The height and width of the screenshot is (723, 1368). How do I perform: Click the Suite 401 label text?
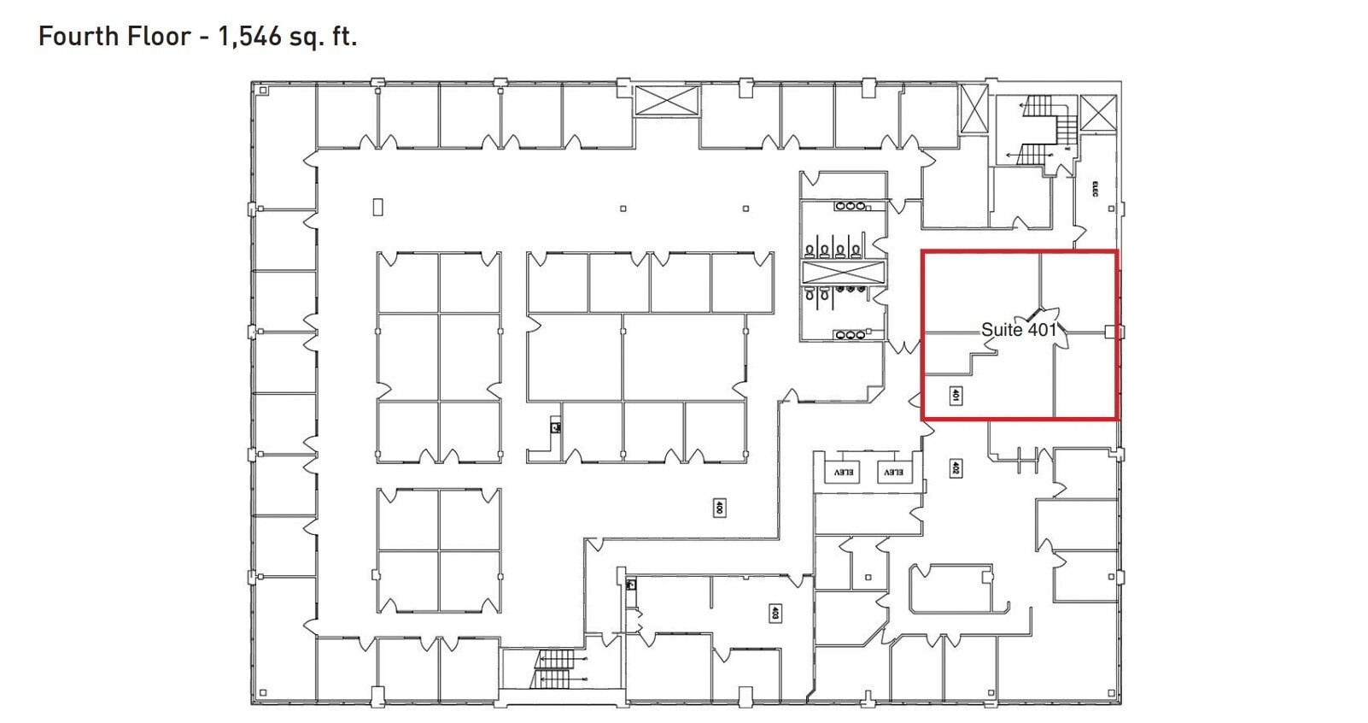[1018, 329]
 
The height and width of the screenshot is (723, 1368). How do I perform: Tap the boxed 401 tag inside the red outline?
[956, 396]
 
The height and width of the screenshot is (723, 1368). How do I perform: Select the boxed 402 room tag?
[956, 468]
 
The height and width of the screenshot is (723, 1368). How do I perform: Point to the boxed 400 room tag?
[719, 508]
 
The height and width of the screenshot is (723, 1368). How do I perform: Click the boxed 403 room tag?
[775, 613]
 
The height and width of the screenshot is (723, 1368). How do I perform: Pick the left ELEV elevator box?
[844, 472]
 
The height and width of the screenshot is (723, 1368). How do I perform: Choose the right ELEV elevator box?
[892, 472]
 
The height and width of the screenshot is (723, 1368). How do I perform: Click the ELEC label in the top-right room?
[1095, 189]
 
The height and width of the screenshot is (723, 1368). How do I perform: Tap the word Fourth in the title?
[73, 36]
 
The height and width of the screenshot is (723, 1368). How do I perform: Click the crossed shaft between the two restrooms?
[842, 273]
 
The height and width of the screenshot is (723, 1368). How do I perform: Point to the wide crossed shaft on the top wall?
[666, 101]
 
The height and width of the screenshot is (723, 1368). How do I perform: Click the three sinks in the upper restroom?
[850, 206]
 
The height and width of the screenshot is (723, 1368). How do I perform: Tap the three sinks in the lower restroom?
[850, 335]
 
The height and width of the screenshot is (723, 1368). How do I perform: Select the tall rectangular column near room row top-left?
[377, 206]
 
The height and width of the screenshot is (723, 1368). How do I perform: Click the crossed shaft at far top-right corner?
[1097, 113]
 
